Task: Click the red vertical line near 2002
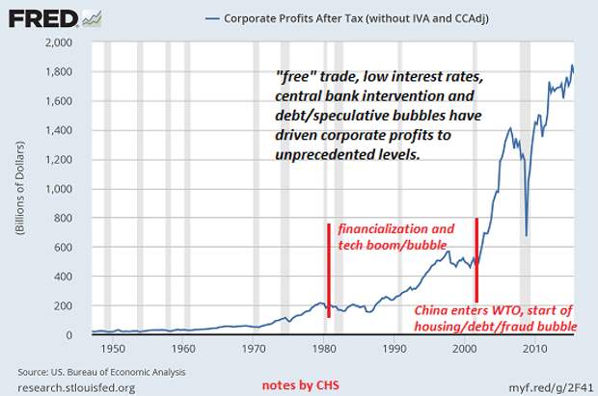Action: [476, 260]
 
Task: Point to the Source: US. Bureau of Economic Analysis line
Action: [101, 371]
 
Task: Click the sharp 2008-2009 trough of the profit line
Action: [526, 234]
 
